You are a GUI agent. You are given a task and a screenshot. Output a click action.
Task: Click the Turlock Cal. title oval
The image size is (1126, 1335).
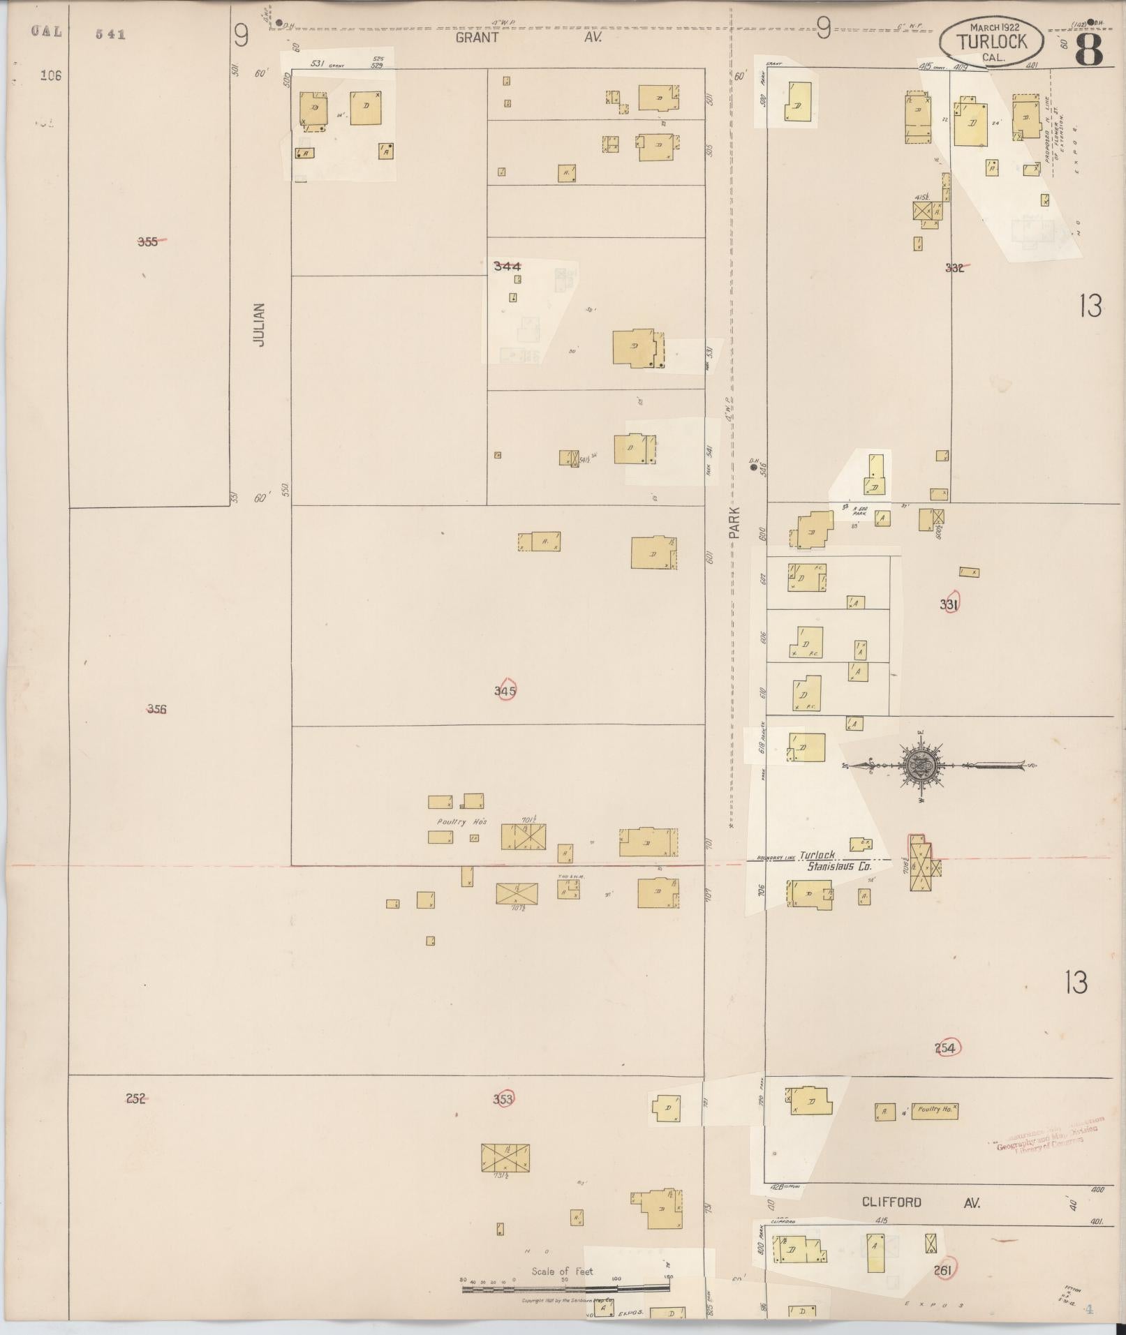coord(992,42)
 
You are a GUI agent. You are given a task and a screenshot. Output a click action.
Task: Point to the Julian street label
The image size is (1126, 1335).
coord(260,325)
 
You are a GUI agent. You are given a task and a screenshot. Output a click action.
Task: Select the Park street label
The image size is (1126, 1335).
coord(736,521)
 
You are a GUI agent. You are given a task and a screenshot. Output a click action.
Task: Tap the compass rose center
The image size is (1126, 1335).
coord(920,766)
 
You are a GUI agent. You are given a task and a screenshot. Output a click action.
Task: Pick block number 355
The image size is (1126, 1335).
coord(148,241)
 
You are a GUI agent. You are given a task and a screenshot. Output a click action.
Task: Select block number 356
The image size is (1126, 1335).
coord(156,709)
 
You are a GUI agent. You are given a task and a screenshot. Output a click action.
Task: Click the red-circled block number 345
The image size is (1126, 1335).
coord(505,691)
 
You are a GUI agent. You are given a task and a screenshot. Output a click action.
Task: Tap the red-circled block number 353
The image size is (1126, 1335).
coord(503,1099)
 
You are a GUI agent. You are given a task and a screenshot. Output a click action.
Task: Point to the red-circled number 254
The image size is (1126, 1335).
coord(947,1047)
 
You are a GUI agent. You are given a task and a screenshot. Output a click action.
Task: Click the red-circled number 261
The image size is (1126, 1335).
coord(943,1270)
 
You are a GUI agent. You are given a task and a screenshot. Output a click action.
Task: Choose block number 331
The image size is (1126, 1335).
coord(949,604)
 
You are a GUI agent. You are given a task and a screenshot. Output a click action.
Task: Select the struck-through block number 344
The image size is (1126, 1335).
coord(507,266)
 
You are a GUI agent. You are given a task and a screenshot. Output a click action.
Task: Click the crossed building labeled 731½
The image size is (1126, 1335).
coord(505,1158)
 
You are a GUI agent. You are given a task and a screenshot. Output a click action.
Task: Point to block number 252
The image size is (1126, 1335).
coord(135,1098)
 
